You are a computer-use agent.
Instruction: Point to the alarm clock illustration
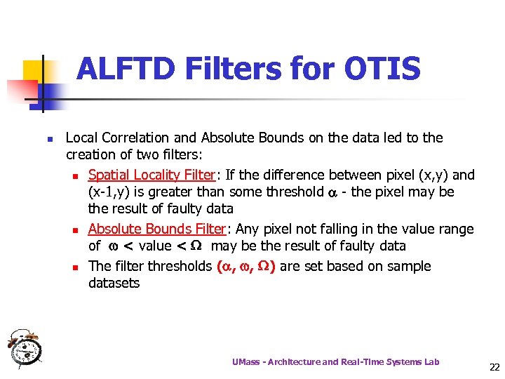[x=25, y=348]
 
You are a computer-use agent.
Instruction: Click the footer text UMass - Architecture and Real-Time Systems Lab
[x=336, y=361]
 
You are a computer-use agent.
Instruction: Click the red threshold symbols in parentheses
[x=245, y=266]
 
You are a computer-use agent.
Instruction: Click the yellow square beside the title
[x=34, y=70]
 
